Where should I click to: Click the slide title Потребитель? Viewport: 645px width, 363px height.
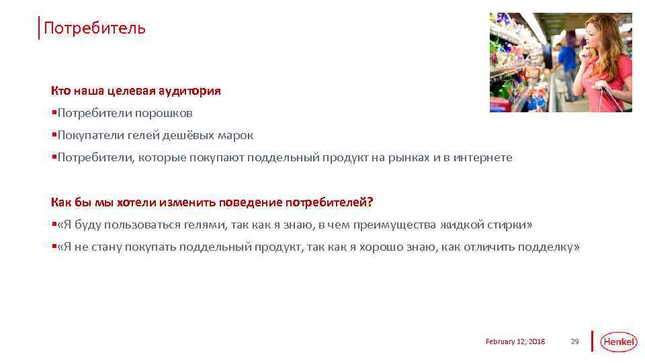click(94, 28)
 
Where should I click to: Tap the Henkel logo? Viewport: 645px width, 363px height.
click(617, 341)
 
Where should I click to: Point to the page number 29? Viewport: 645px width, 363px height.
click(574, 341)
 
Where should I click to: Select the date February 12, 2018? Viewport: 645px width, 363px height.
click(515, 341)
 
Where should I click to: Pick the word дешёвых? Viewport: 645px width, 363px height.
click(189, 135)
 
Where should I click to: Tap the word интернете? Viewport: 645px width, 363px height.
click(482, 158)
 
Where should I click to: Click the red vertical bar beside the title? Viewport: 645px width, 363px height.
click(39, 28)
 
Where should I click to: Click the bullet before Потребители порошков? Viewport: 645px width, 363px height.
click(54, 113)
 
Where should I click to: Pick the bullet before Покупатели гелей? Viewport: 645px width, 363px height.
click(54, 135)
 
